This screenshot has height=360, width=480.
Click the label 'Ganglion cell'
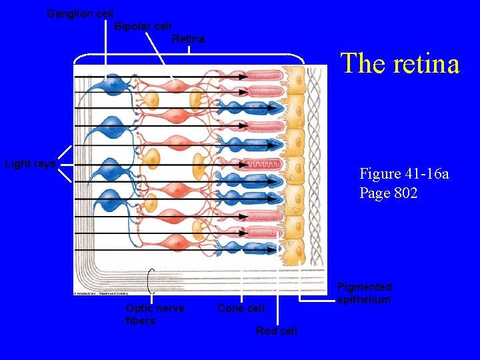pos(80,13)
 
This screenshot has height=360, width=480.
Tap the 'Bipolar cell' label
pos(143,27)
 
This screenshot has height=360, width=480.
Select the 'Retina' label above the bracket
pos(188,39)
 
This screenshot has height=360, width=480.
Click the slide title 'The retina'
pos(400,64)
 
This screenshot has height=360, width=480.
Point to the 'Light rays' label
pos(30,164)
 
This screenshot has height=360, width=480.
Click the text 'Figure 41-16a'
pos(404,174)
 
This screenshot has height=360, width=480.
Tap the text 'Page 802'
pos(389,193)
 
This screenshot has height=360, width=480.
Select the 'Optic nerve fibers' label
pos(155,315)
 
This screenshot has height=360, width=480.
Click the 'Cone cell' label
pos(241,309)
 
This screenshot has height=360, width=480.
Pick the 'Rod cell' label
pos(277,331)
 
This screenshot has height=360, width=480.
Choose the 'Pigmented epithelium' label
pos(364,293)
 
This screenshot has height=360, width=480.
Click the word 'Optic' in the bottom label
pos(139,309)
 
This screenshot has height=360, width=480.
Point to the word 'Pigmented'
pos(364,287)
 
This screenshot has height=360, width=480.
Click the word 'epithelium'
pos(364,300)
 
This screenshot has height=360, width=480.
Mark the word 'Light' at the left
pos(17,164)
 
